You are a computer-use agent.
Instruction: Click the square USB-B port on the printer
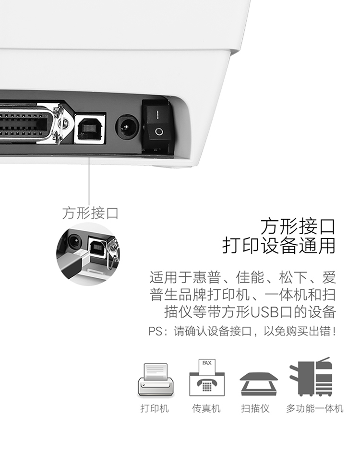click(x=90, y=129)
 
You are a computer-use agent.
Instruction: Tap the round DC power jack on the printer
click(x=127, y=127)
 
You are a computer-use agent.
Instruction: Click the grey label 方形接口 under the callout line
click(x=90, y=213)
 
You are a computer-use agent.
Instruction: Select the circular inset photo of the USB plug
click(x=88, y=254)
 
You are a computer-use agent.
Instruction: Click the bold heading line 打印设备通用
click(x=278, y=245)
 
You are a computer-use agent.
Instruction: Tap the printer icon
click(x=156, y=380)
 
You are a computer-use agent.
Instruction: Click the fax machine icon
click(x=207, y=378)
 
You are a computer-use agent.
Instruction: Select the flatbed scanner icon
click(x=259, y=384)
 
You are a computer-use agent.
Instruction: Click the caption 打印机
click(x=155, y=408)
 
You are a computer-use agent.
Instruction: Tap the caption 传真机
click(x=206, y=408)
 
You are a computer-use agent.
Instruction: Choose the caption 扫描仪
click(x=255, y=408)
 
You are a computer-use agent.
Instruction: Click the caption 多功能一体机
click(x=315, y=408)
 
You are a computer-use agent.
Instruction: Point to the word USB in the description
click(x=265, y=312)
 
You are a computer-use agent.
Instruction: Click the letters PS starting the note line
click(x=155, y=332)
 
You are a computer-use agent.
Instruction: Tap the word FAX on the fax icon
click(x=207, y=363)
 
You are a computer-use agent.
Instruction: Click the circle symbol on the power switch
click(x=159, y=132)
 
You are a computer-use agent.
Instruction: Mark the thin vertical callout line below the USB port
click(x=89, y=180)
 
